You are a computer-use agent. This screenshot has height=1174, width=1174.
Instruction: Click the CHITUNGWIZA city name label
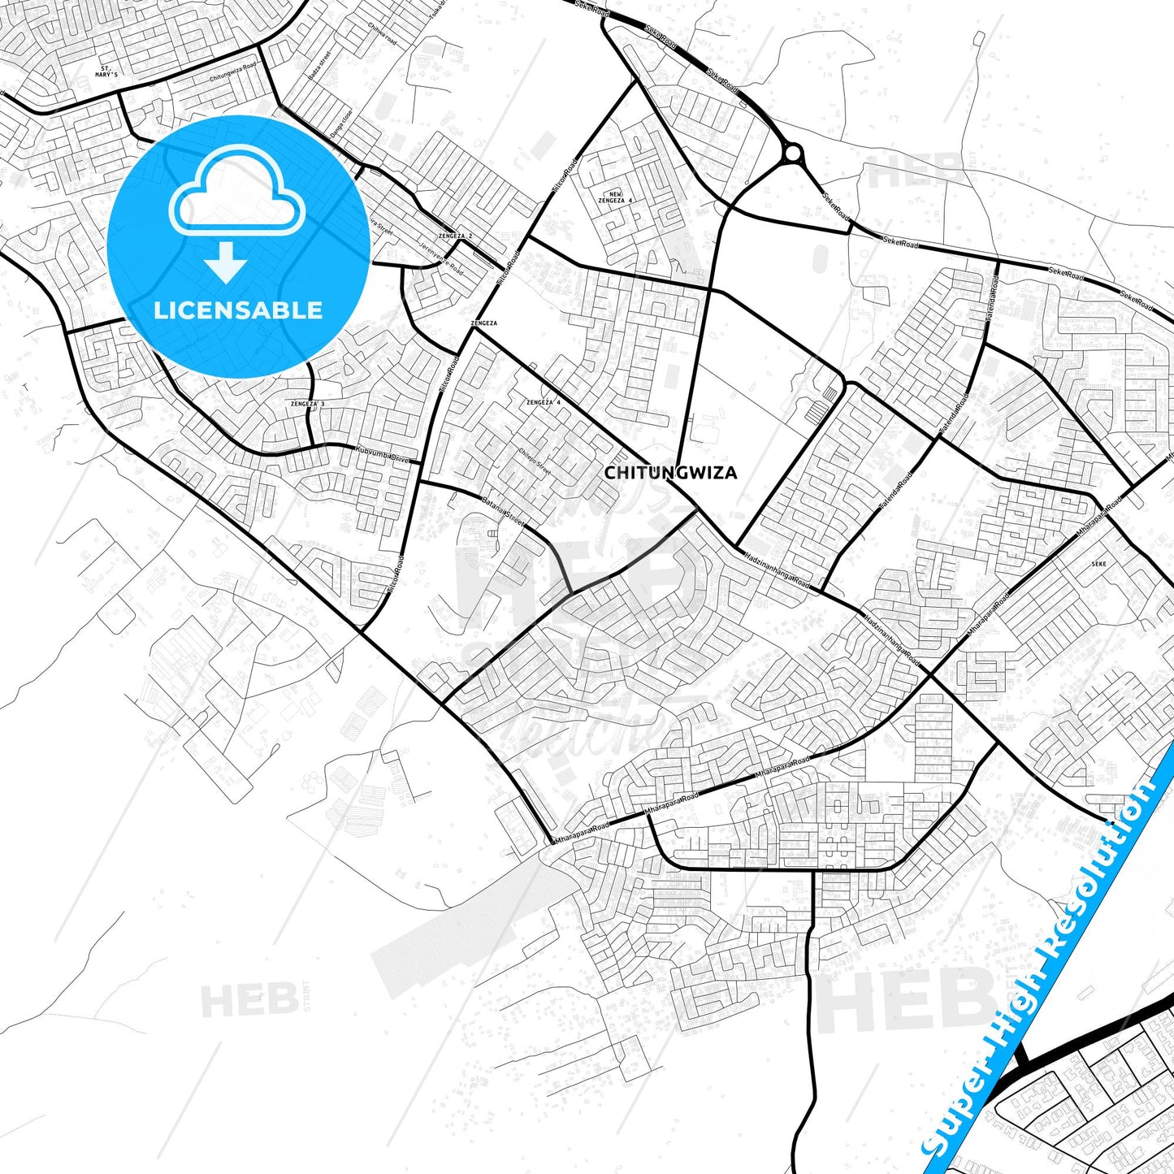(x=671, y=473)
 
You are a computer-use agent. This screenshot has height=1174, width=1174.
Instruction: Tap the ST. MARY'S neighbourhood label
(x=106, y=71)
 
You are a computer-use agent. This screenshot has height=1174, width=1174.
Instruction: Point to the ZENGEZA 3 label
(x=307, y=404)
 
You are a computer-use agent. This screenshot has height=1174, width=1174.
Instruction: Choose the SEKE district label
(x=1098, y=563)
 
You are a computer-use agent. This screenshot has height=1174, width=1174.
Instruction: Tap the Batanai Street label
(x=502, y=511)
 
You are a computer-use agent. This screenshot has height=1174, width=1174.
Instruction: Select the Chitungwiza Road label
(x=233, y=72)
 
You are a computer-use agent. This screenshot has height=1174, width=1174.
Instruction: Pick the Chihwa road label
(x=382, y=32)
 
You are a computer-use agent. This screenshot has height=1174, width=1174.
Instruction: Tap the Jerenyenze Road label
(x=442, y=257)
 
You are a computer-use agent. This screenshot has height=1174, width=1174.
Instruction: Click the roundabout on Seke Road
(x=793, y=152)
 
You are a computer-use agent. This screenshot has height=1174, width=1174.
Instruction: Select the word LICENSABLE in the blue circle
(x=238, y=310)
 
